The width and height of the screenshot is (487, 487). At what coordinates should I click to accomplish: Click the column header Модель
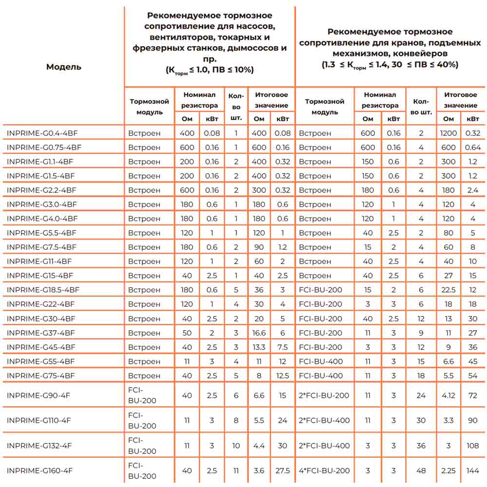(x=64, y=67)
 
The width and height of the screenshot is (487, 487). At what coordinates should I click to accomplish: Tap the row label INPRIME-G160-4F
(x=39, y=471)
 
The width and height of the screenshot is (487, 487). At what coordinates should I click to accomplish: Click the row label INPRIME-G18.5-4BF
(x=43, y=290)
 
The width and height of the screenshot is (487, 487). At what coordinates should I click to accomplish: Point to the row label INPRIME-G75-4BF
(x=41, y=376)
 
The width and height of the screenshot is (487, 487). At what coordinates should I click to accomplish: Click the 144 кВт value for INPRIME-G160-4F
(x=472, y=471)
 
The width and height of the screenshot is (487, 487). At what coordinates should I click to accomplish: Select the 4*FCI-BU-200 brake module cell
(x=324, y=471)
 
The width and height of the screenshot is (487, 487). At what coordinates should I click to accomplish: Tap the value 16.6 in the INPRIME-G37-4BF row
(x=259, y=333)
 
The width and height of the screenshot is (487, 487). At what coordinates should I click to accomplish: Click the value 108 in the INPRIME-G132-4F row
(x=472, y=446)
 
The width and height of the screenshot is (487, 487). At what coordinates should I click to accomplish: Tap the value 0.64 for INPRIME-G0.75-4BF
(x=472, y=148)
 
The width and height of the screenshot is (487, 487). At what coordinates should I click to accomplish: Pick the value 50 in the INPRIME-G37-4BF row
(x=187, y=333)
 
